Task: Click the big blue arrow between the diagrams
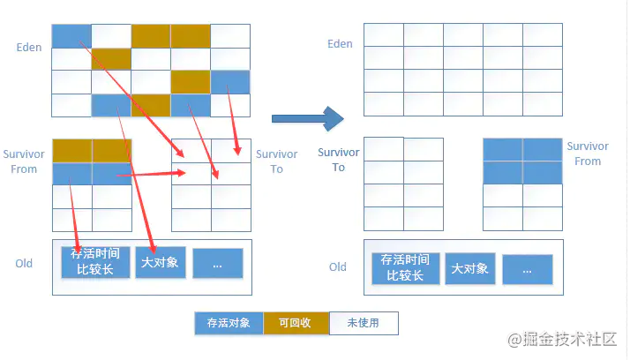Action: [308, 118]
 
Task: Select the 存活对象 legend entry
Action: [229, 323]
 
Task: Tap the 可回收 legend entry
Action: [296, 323]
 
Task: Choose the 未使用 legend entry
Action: [364, 323]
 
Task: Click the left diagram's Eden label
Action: [29, 48]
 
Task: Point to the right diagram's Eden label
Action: [340, 44]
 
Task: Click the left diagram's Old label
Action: [24, 264]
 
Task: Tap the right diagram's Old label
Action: [337, 267]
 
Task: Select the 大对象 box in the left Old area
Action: [161, 262]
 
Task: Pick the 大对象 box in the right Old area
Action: [470, 268]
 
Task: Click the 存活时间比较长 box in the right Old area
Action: [405, 268]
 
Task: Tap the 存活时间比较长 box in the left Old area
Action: [95, 262]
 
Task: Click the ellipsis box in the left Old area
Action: [218, 263]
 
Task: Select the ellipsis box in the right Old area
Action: [528, 270]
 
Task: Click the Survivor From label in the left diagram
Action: [24, 161]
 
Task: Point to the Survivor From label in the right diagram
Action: [588, 154]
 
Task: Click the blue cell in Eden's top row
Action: [71, 36]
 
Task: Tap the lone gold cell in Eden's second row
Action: [111, 59]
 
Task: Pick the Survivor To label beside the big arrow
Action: [339, 160]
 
